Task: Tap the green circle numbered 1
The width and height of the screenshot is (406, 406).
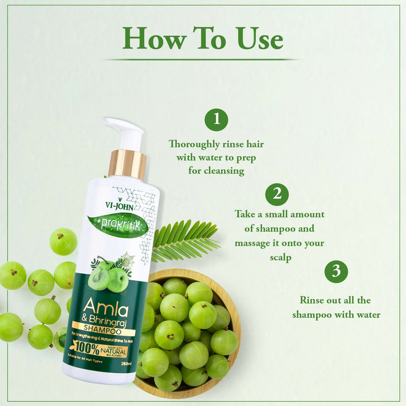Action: pyautogui.click(x=216, y=120)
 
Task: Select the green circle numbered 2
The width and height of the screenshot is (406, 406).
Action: pyautogui.click(x=277, y=194)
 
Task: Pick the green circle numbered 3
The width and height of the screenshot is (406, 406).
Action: pyautogui.click(x=336, y=271)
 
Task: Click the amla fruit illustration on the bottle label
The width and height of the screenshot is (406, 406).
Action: pyautogui.click(x=108, y=274)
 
